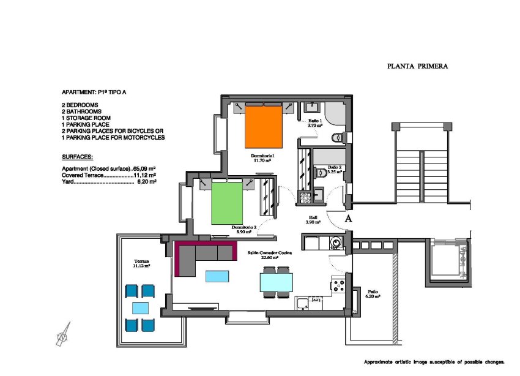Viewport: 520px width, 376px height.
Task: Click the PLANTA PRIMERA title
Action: (x=418, y=66)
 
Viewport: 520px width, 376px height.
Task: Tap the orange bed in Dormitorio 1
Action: (x=263, y=126)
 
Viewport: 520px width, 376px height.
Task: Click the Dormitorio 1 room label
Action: (x=263, y=156)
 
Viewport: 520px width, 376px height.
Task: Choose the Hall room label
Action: (x=313, y=219)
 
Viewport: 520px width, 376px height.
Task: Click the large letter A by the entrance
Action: (x=347, y=218)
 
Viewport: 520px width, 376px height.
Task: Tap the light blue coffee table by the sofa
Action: (x=217, y=276)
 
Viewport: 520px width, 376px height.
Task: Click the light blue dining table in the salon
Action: (x=276, y=282)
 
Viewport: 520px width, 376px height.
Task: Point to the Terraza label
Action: (x=142, y=262)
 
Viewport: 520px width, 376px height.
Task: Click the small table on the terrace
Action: (x=140, y=307)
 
